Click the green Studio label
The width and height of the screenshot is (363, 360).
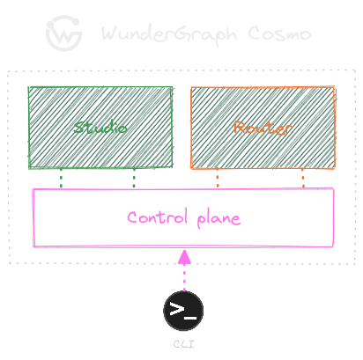pos(100,128)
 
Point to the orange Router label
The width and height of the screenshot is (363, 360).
pos(263,128)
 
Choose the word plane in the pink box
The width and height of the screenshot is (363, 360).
pos(217,217)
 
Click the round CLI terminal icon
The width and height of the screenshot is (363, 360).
pos(183,310)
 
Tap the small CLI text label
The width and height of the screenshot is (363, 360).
pos(183,343)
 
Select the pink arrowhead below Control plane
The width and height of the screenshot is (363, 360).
pos(183,257)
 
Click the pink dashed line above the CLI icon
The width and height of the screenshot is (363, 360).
pos(183,278)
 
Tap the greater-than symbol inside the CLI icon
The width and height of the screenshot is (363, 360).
pos(177,309)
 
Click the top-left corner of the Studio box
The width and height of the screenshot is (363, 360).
pos(29,87)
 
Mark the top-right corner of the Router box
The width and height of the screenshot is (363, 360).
pos(334,87)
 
